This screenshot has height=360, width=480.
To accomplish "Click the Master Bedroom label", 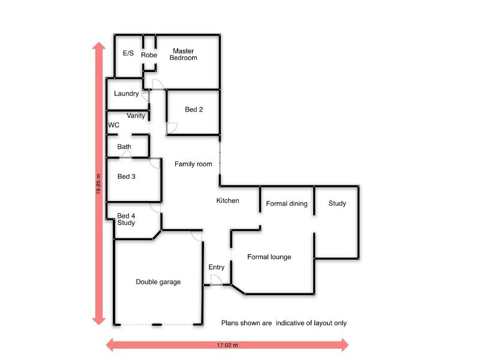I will [183, 54].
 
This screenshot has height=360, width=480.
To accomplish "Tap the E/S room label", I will [128, 53].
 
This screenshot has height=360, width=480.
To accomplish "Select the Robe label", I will [149, 55].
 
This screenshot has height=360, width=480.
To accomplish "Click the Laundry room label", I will [126, 94].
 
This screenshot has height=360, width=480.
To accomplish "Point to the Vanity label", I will [136, 116].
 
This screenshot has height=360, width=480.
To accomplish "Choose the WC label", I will [113, 125].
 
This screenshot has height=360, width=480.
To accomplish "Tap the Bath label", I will [124, 147].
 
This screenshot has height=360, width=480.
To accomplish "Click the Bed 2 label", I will [194, 110].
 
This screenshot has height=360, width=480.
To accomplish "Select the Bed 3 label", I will [127, 176].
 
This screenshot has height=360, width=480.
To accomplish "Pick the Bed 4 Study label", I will [126, 220].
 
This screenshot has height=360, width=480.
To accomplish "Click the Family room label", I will [193, 164].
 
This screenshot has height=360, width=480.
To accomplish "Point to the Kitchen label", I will [227, 200].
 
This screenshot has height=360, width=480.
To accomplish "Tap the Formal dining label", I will [286, 203].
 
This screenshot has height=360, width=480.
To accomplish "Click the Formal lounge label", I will [269, 257].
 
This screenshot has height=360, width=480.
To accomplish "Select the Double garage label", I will [158, 282].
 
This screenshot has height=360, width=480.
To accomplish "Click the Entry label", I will [216, 267].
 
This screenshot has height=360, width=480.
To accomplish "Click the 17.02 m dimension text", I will [227, 345].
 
